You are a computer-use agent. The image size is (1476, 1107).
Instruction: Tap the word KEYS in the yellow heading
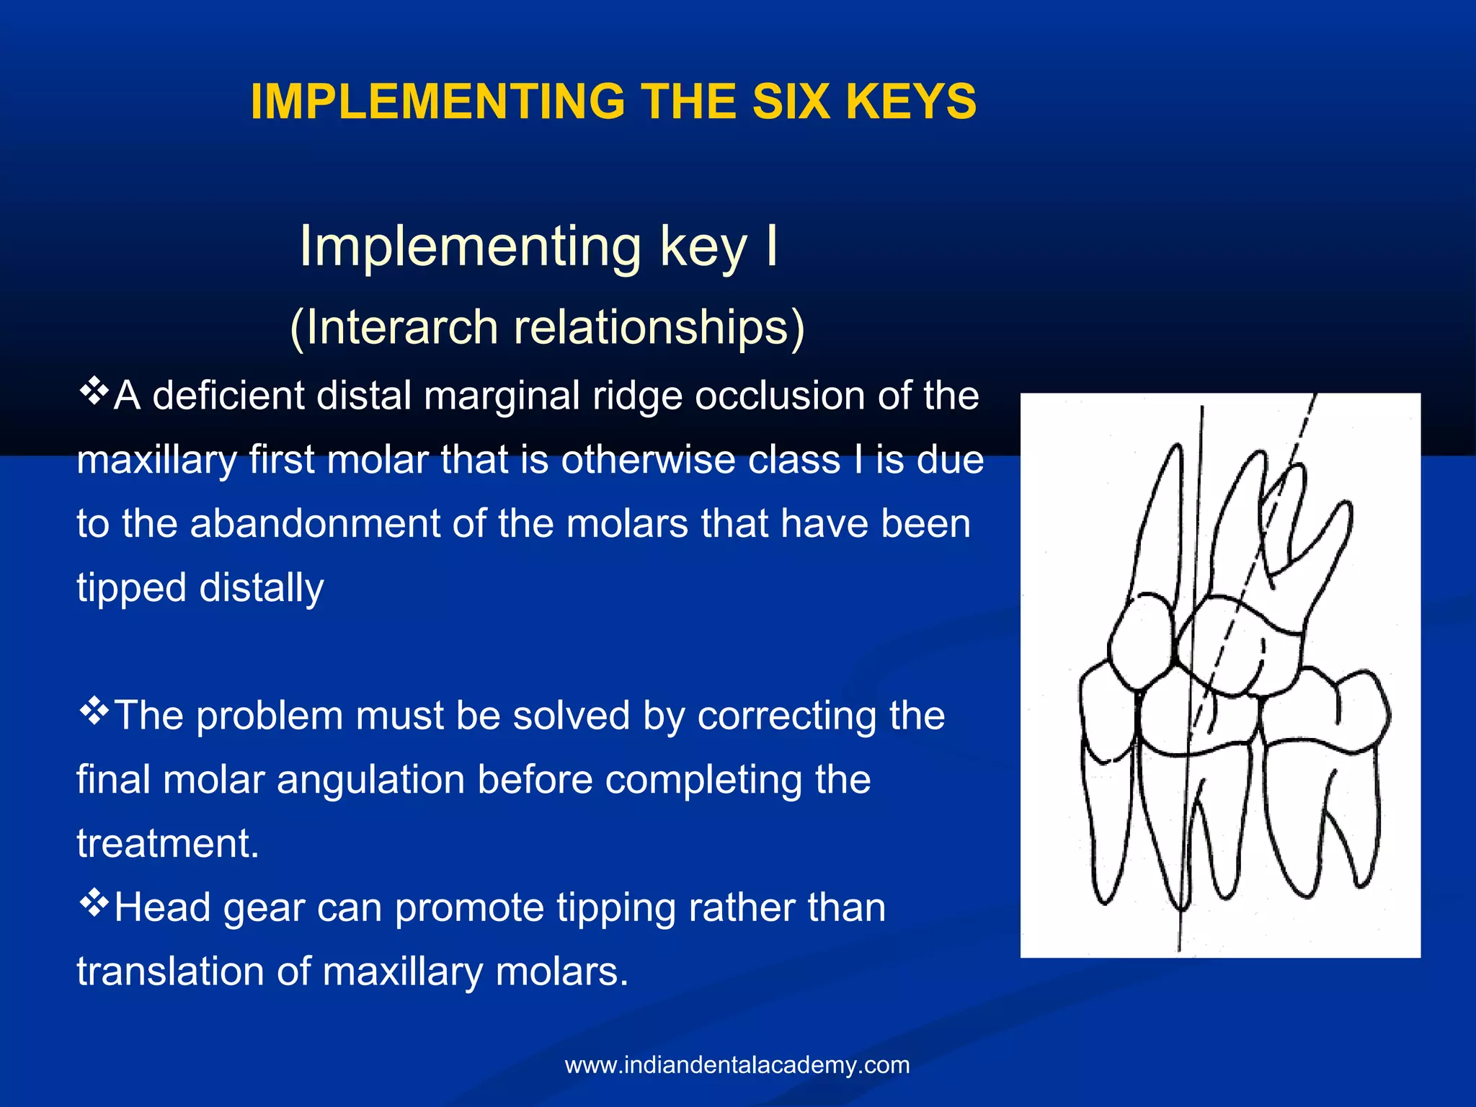(x=911, y=102)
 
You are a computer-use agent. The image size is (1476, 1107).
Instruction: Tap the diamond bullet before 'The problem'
(x=94, y=712)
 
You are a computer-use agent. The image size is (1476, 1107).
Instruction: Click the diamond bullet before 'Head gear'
(x=94, y=903)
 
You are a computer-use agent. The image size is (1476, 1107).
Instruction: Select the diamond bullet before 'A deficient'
(x=94, y=392)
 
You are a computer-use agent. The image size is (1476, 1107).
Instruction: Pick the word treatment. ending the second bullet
(x=167, y=843)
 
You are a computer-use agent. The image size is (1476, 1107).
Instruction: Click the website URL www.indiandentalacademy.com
(x=737, y=1064)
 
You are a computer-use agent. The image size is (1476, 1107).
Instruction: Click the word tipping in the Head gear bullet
(x=615, y=907)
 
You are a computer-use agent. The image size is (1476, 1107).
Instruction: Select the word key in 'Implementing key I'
(x=703, y=247)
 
